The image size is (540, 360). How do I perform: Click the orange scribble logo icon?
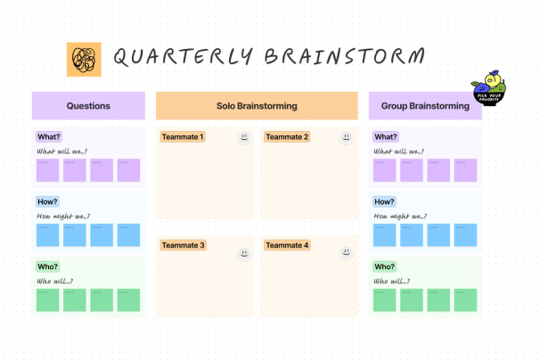tap(85, 59)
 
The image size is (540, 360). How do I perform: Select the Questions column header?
tap(88, 106)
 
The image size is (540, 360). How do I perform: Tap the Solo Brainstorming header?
tap(257, 106)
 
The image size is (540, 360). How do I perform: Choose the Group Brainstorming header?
tap(425, 106)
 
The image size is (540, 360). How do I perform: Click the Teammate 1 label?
tap(183, 137)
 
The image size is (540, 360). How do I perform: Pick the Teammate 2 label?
tap(287, 137)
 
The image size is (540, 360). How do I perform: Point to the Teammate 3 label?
tap(183, 245)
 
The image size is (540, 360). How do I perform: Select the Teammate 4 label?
tap(287, 245)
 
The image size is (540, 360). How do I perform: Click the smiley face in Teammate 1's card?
tap(243, 137)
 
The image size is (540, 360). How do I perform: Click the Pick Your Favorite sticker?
tap(489, 88)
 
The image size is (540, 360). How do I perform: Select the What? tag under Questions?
tap(48, 137)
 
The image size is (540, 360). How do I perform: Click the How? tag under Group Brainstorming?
tap(385, 201)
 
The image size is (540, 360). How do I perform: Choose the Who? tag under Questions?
tap(48, 266)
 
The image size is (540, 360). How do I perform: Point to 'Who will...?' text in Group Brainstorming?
tap(393, 282)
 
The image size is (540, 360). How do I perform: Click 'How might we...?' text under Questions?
tap(62, 217)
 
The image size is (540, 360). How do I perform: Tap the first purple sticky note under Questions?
tap(48, 170)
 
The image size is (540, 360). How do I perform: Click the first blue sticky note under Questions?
tap(48, 235)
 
